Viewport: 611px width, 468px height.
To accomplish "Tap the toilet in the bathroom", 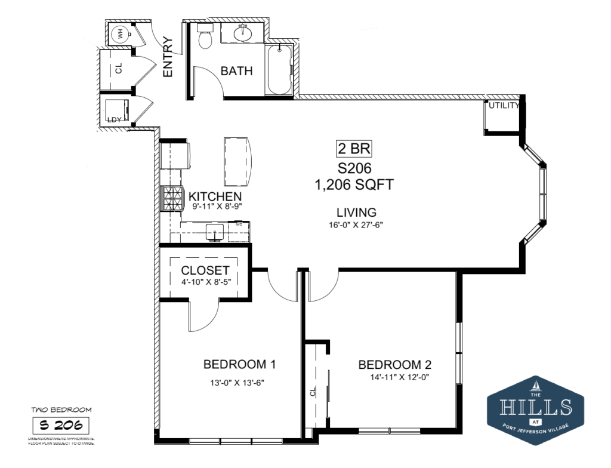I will [x=205, y=39].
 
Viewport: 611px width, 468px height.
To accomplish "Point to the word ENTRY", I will [x=168, y=57].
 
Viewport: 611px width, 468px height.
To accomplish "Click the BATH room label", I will [x=236, y=71].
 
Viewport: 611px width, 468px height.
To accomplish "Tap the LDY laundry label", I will [x=113, y=119].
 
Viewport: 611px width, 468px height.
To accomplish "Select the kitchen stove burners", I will [x=171, y=199].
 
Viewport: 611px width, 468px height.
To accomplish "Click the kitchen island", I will [x=237, y=162].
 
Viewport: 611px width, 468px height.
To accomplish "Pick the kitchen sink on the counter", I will [x=214, y=232].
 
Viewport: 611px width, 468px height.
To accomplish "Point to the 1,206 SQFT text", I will [x=354, y=185].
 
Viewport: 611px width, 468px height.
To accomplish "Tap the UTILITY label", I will [x=504, y=106].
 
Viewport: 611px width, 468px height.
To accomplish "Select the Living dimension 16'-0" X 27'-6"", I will [x=356, y=226].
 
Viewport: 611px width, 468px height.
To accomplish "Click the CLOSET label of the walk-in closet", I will [x=205, y=270].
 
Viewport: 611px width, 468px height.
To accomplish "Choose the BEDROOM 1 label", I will [x=239, y=364].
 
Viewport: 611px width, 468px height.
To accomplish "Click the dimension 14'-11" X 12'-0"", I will [x=399, y=377].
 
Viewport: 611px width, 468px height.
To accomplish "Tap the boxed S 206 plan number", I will [x=61, y=426].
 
